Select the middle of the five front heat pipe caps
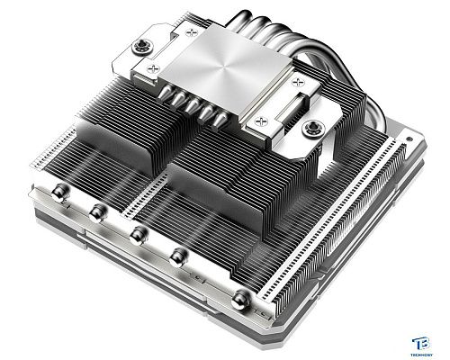(138, 235)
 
